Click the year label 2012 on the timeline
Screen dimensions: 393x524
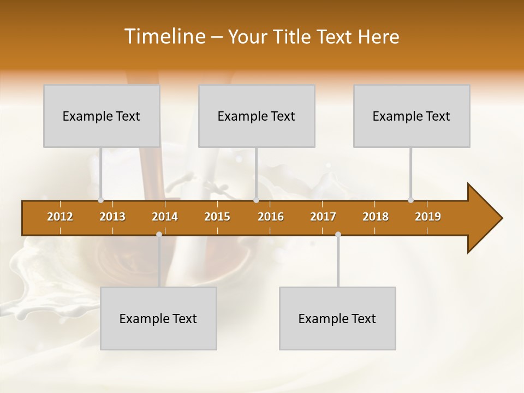(x=60, y=217)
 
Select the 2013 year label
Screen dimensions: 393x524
(x=112, y=217)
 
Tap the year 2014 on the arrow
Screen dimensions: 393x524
(x=165, y=217)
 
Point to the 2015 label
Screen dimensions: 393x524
(x=217, y=217)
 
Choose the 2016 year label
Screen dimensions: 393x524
(x=271, y=217)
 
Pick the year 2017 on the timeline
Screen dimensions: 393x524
(x=323, y=217)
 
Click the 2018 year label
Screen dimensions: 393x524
(x=376, y=217)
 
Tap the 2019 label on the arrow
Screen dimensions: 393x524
(x=428, y=217)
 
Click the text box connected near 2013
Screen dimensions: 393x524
(x=102, y=116)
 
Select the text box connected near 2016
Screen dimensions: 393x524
(x=257, y=116)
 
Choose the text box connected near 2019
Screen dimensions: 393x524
(x=412, y=116)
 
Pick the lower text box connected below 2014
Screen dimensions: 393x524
(x=158, y=318)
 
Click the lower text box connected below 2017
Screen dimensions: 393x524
(x=337, y=318)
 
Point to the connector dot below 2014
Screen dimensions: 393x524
(x=159, y=235)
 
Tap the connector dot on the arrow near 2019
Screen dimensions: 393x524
(x=410, y=200)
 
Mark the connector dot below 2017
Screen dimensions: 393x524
(x=338, y=235)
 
